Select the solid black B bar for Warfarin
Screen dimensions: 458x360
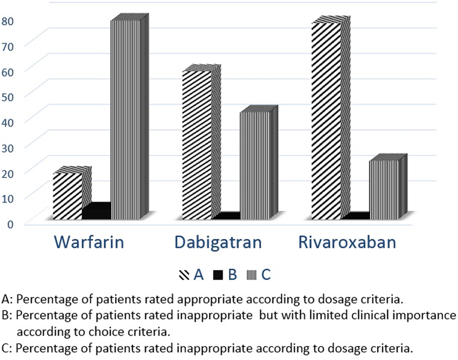[97, 211]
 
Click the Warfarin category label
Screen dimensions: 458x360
[89, 242]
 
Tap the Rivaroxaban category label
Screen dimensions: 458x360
[347, 242]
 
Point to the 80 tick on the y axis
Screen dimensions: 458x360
[7, 21]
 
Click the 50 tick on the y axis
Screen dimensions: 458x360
[7, 97]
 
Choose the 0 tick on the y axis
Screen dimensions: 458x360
[10, 224]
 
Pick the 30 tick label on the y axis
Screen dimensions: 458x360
[7, 148]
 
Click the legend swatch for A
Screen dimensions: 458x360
[184, 275]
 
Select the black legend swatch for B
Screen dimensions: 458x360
[218, 275]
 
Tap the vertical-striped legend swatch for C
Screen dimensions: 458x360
[252, 275]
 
